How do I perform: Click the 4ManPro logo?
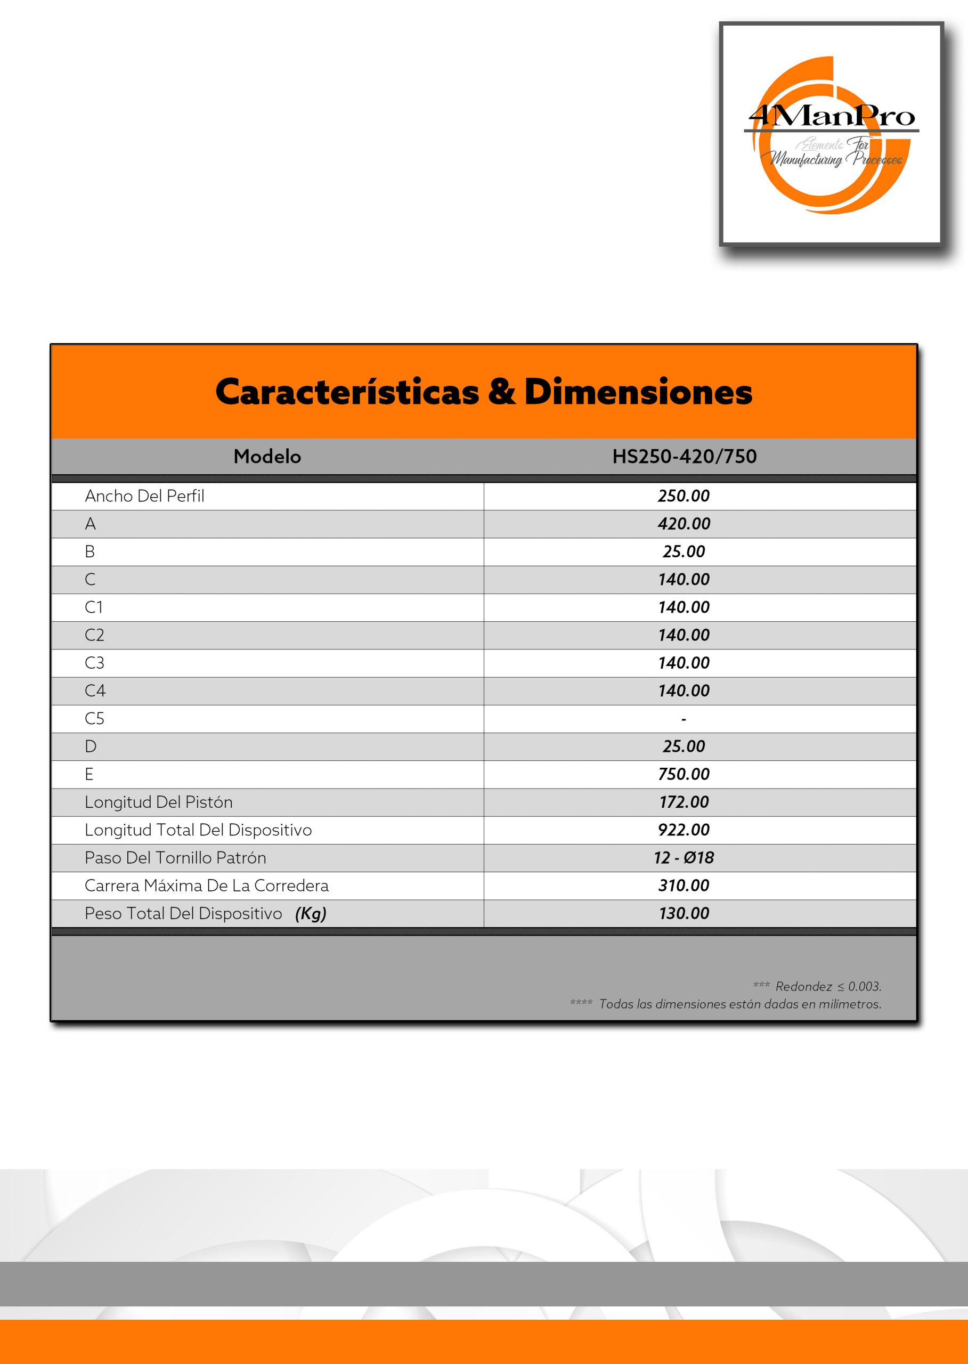pos(831,134)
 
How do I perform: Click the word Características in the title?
pos(347,392)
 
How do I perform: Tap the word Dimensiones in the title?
pos(638,392)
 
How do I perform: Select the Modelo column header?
pos(267,457)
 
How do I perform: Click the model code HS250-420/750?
pos(684,457)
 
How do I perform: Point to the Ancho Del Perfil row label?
pos(144,496)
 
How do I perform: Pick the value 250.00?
pos(684,496)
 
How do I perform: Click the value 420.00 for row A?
pos(684,524)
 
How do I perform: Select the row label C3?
pos(94,663)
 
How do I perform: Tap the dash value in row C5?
pos(684,719)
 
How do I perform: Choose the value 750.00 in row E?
pos(684,774)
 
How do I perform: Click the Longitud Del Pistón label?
pos(159,802)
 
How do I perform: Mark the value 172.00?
pos(684,802)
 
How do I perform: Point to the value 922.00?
pos(684,830)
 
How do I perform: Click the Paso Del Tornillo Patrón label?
pos(175,858)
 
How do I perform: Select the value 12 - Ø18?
pos(684,858)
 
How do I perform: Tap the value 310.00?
pos(684,886)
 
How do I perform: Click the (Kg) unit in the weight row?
pos(311,914)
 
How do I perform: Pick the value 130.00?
pos(684,914)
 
